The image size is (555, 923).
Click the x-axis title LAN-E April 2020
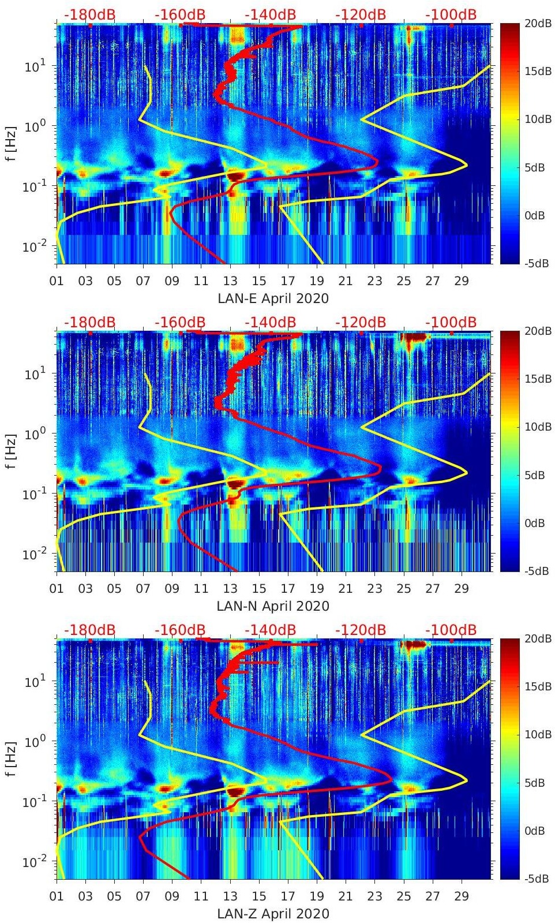pos(273,298)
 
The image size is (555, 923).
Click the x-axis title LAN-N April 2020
pos(273,606)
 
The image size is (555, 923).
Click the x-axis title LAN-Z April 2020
pos(273,914)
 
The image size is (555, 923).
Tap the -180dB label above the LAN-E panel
pos(89,14)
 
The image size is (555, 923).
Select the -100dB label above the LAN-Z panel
pos(451,630)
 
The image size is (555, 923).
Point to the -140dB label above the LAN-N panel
pos(270,322)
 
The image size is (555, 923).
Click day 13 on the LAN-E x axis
pos(230,281)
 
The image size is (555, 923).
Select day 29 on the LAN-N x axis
pos(462,589)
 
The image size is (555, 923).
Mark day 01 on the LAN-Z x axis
pos(57,896)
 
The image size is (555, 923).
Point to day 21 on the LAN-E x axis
pos(346,281)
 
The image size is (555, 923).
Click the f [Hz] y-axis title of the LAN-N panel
pos(13,451)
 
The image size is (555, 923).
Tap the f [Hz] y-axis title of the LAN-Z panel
pos(13,759)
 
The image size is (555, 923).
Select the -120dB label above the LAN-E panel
pos(361,14)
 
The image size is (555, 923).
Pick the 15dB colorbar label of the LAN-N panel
pos(538,379)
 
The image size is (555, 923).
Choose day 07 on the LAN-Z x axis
pos(143,896)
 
